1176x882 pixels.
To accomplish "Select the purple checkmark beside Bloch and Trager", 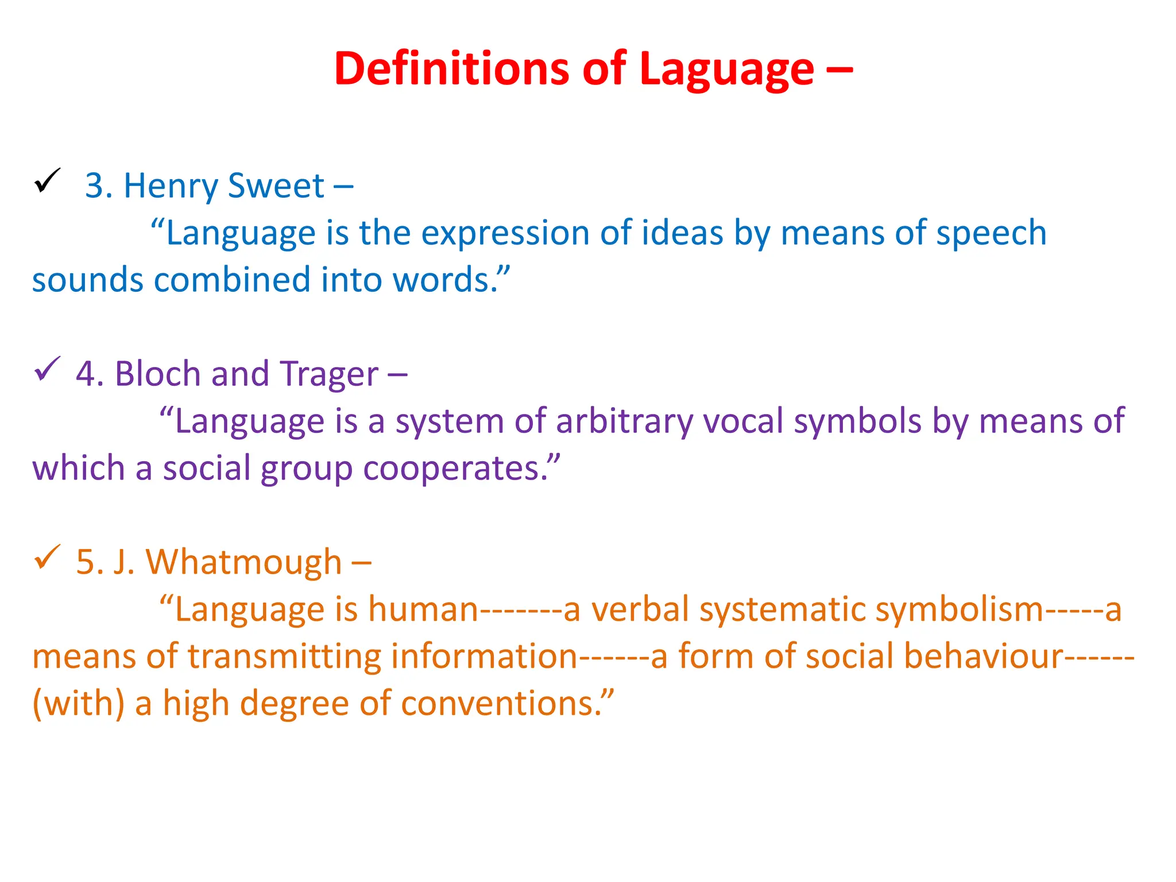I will click(x=47, y=369).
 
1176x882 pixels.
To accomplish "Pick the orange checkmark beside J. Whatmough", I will click(x=47, y=556).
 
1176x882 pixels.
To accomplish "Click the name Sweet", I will click(x=276, y=186).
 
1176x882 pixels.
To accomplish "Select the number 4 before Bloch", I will click(x=84, y=374).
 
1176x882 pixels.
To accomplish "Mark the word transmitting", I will click(x=284, y=656).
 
